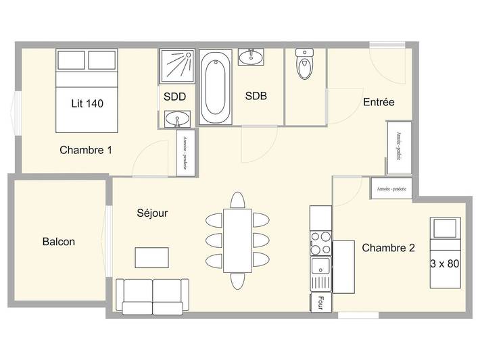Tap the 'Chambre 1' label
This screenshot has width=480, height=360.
tap(85, 150)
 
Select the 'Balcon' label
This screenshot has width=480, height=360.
tap(59, 241)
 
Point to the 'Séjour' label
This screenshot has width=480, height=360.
tap(151, 213)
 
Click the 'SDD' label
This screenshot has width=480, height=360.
tap(175, 96)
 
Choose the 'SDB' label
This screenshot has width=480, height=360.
tap(256, 96)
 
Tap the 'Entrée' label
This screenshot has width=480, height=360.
tap(379, 102)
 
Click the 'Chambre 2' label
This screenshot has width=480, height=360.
tap(388, 248)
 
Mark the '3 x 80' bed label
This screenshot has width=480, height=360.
tap(444, 264)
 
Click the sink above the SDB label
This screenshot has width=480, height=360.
tap(256, 55)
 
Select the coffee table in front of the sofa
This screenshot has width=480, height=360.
tap(152, 257)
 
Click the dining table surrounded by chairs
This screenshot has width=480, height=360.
tap(237, 240)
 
